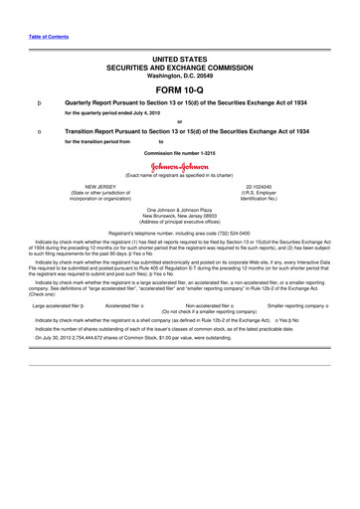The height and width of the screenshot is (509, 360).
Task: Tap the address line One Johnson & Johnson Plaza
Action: click(x=180, y=210)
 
